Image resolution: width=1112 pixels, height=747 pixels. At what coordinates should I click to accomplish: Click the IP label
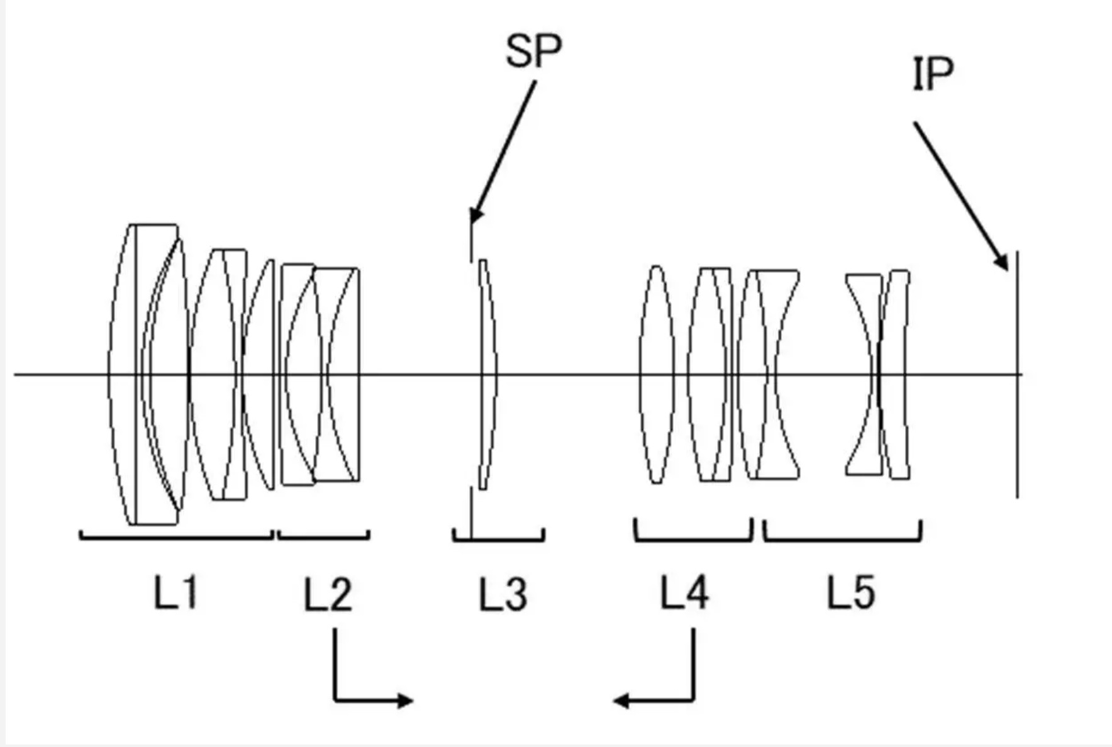click(x=932, y=74)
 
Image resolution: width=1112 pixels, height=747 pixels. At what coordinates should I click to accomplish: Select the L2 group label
click(x=327, y=594)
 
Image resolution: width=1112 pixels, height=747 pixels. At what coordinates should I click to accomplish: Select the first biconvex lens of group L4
click(x=657, y=375)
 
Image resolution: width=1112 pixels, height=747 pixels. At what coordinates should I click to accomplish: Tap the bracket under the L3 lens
click(x=498, y=539)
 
